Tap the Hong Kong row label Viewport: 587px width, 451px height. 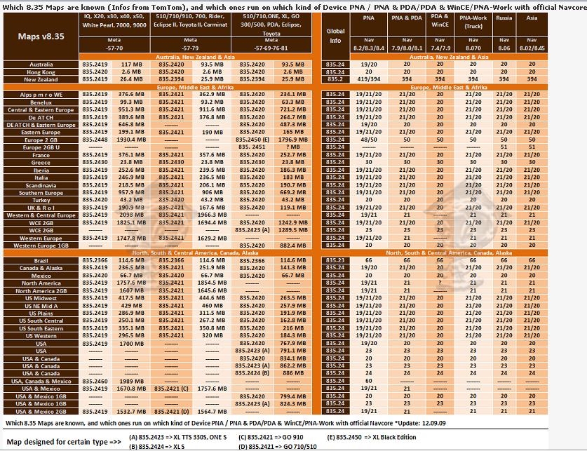41,72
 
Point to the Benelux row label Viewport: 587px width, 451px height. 41,102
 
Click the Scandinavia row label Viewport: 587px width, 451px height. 41,184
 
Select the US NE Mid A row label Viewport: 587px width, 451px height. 41,306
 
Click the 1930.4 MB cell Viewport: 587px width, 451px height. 131,140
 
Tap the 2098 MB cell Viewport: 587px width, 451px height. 131,215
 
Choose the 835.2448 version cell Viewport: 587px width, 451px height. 95,140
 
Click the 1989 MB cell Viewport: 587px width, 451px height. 131,381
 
